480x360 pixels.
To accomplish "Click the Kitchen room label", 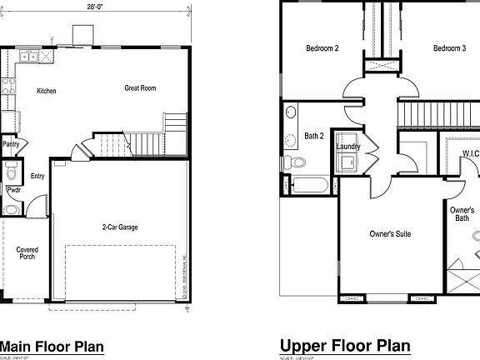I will tap(47, 91).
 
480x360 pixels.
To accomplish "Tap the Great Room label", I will tap(140, 88).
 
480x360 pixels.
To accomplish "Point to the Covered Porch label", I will tap(28, 252).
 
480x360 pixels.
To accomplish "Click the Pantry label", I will tap(11, 144).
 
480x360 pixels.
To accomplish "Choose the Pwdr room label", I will tap(13, 189).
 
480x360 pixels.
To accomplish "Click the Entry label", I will tap(37, 176).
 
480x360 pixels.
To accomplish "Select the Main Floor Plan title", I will tap(51, 346).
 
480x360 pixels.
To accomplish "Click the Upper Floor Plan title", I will tap(345, 346).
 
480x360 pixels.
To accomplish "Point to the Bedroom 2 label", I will tap(322, 48).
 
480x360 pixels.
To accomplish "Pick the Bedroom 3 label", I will tap(449, 48).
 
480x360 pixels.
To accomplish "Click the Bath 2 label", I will tap(314, 135).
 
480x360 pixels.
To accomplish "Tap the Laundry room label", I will tap(348, 147).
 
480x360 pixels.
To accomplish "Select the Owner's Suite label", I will tap(390, 234).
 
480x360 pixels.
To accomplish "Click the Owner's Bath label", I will tap(462, 215).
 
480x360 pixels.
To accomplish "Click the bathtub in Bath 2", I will tap(311, 186).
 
